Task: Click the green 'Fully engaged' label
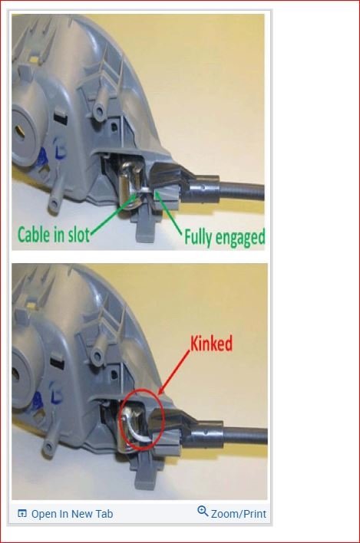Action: (223, 237)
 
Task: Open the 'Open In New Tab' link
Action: (71, 514)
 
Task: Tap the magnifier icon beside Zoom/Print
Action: (203, 512)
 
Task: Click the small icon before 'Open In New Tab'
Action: (21, 514)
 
